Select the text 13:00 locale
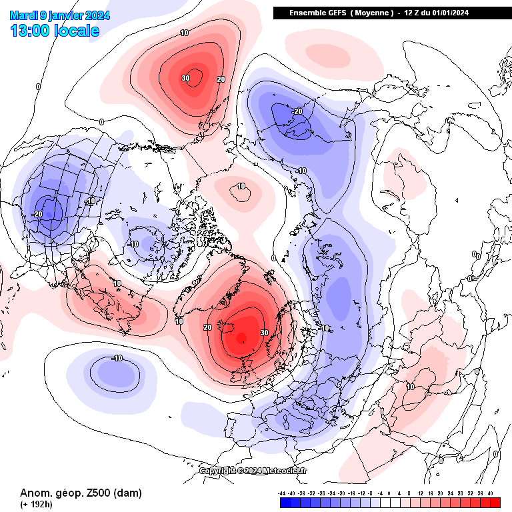(x=55, y=31)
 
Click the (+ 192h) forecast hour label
(x=35, y=505)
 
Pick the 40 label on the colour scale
(x=490, y=493)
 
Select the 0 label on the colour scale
(x=389, y=493)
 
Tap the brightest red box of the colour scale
(x=491, y=502)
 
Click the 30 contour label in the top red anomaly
(x=185, y=78)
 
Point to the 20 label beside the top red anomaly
(x=221, y=79)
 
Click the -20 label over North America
(x=37, y=213)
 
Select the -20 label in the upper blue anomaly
(x=297, y=111)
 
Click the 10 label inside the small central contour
(x=241, y=186)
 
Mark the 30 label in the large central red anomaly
(x=264, y=332)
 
